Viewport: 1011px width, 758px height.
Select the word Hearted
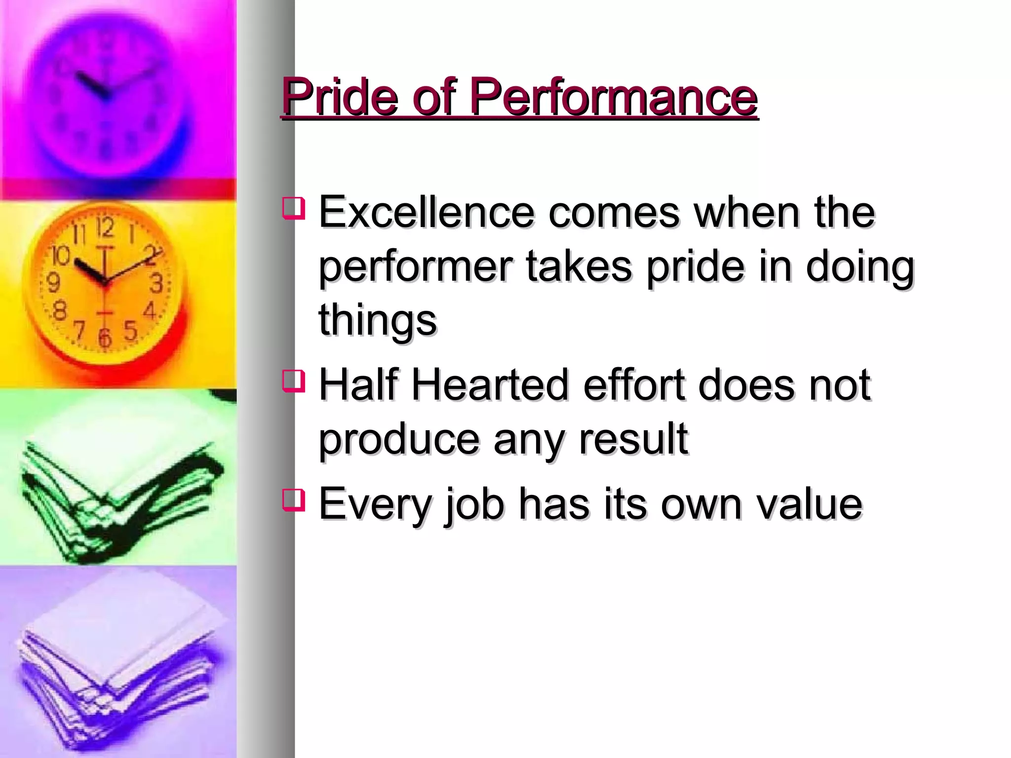click(491, 385)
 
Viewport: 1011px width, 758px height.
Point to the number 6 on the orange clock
click(104, 338)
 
